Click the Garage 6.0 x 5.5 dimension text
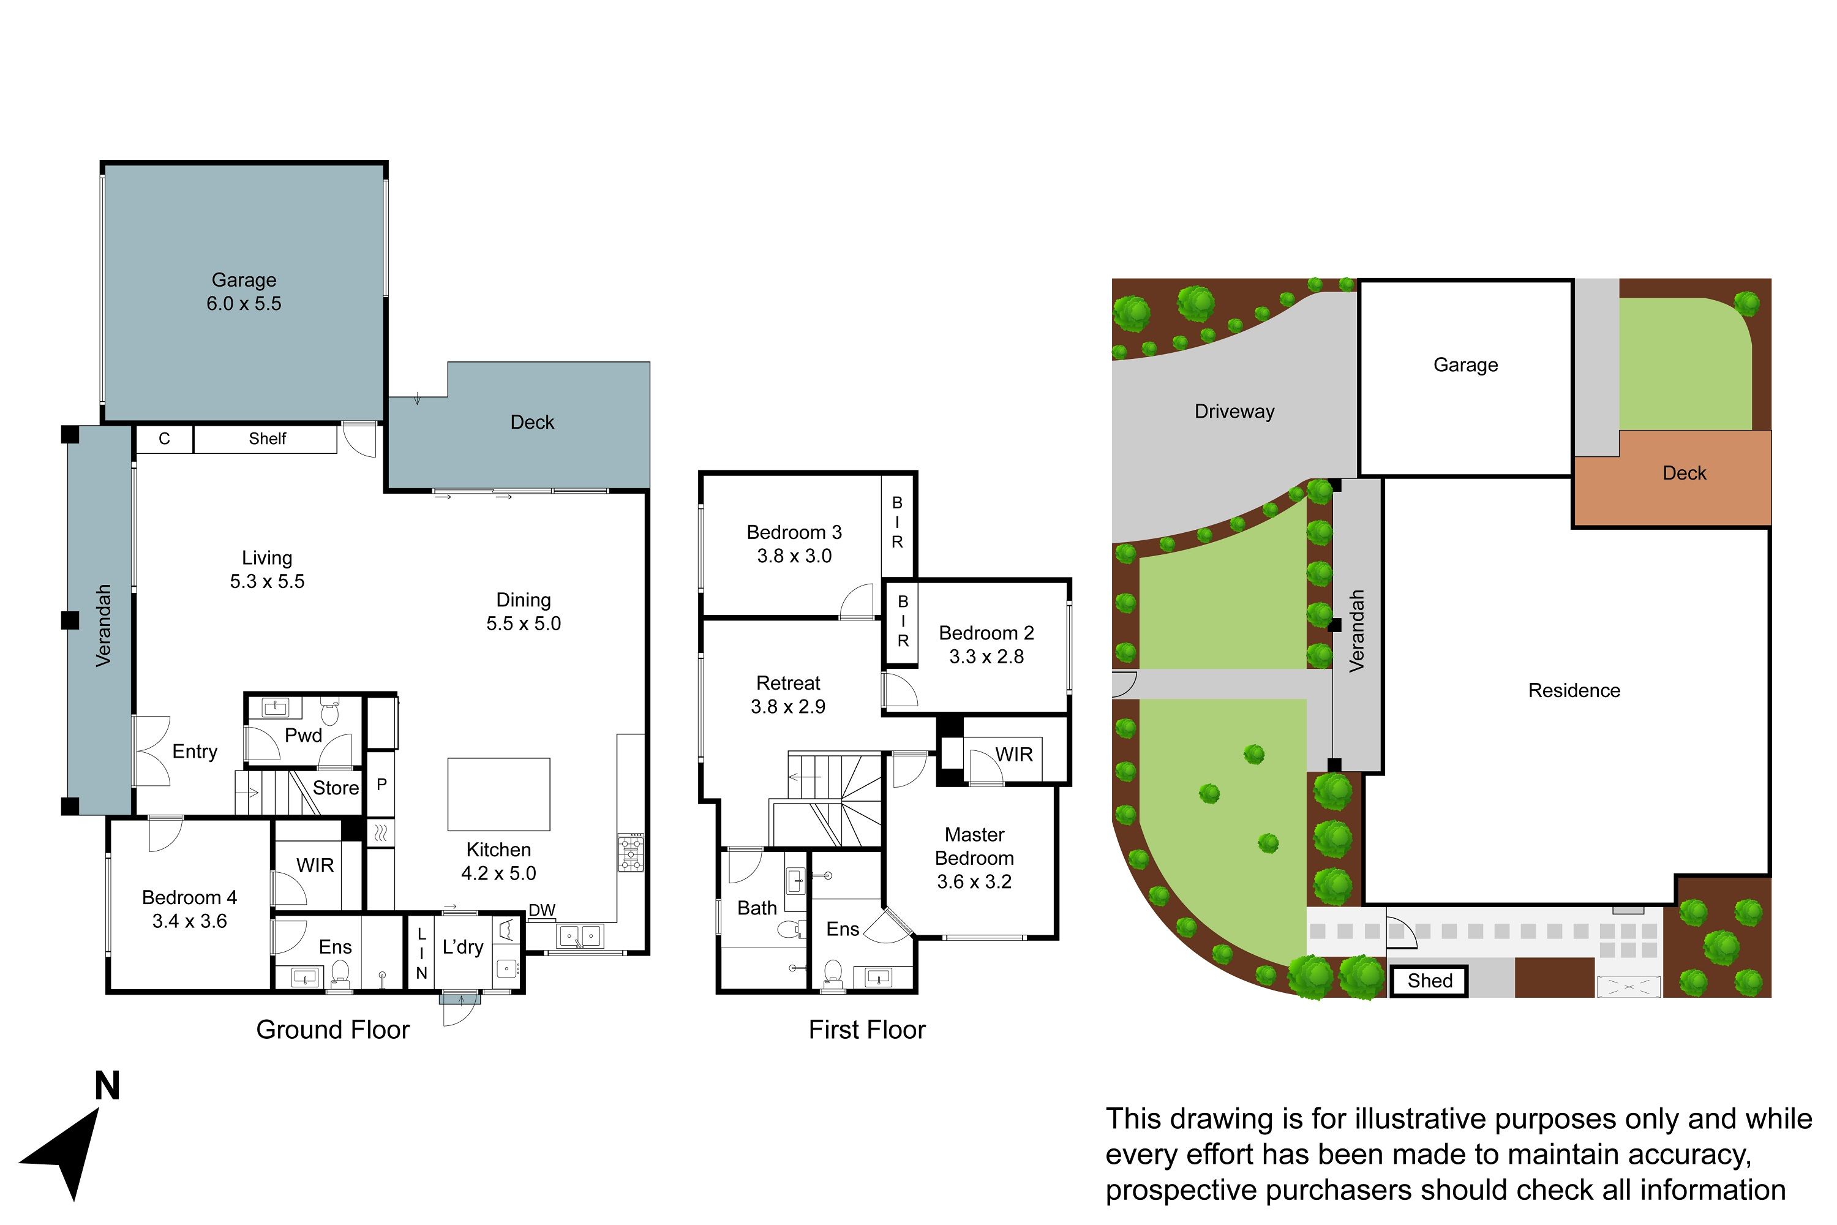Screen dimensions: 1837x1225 (244, 303)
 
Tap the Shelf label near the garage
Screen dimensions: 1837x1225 (267, 439)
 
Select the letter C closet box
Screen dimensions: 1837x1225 (164, 439)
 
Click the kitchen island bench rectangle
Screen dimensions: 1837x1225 (498, 794)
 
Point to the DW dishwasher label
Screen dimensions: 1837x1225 (542, 910)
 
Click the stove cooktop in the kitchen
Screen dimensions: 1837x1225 (631, 853)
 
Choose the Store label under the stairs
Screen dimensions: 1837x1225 (336, 788)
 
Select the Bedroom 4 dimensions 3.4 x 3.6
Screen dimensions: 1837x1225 (190, 921)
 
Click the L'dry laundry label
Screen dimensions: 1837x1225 (462, 947)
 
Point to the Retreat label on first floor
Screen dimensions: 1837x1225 (788, 683)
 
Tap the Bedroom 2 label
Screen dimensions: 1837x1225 (986, 633)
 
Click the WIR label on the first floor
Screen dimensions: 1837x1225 (1014, 754)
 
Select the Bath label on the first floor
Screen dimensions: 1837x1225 (757, 908)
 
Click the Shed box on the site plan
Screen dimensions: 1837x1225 (1429, 981)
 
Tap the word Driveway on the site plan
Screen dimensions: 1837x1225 (1234, 412)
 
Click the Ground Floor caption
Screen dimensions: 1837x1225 (332, 1030)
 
